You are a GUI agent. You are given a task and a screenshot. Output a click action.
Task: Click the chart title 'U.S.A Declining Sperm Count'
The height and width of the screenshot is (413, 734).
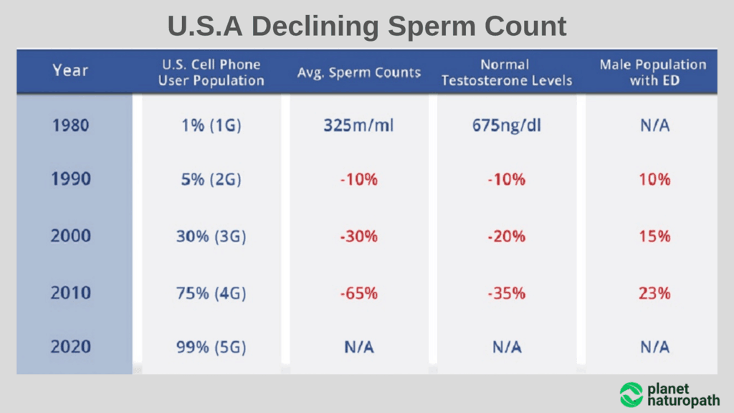pos(367,27)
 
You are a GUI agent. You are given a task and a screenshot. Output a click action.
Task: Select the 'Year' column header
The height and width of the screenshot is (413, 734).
pos(70,70)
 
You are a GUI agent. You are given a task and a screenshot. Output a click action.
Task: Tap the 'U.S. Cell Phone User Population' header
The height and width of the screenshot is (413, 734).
pos(211,72)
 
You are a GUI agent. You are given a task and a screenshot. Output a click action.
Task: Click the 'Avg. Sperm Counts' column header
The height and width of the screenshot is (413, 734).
pos(359,72)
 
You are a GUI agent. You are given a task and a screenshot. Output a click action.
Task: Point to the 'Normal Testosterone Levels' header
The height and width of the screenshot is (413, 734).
pos(507,72)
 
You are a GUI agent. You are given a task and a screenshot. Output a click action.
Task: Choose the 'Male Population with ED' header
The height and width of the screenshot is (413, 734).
pos(653,72)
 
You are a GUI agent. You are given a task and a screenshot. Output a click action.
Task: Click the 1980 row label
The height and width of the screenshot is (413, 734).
pos(70,125)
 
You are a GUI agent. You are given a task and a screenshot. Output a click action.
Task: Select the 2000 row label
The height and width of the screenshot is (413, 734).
pos(70,236)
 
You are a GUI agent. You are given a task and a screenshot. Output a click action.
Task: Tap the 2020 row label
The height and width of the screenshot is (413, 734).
pos(70,347)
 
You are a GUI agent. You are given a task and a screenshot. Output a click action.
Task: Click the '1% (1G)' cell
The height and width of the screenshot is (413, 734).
pos(211,125)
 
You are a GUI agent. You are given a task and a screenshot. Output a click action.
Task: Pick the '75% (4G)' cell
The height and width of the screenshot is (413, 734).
pos(211,293)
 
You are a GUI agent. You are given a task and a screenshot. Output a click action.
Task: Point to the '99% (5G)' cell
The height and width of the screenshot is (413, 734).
pos(211,348)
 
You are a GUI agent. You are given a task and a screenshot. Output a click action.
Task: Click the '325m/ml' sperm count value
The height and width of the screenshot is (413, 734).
pos(359,125)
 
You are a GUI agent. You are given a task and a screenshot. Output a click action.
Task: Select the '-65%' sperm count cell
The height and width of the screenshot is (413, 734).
pos(359,293)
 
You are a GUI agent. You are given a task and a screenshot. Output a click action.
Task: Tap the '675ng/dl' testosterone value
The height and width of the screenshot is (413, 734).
pos(507,125)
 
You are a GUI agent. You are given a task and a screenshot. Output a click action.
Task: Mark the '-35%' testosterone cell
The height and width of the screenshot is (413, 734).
pos(507,293)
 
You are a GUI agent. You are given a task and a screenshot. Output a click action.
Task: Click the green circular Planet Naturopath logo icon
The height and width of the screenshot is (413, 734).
pos(631,394)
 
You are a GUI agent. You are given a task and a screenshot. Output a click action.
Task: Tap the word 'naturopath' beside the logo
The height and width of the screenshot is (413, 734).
pos(683,401)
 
